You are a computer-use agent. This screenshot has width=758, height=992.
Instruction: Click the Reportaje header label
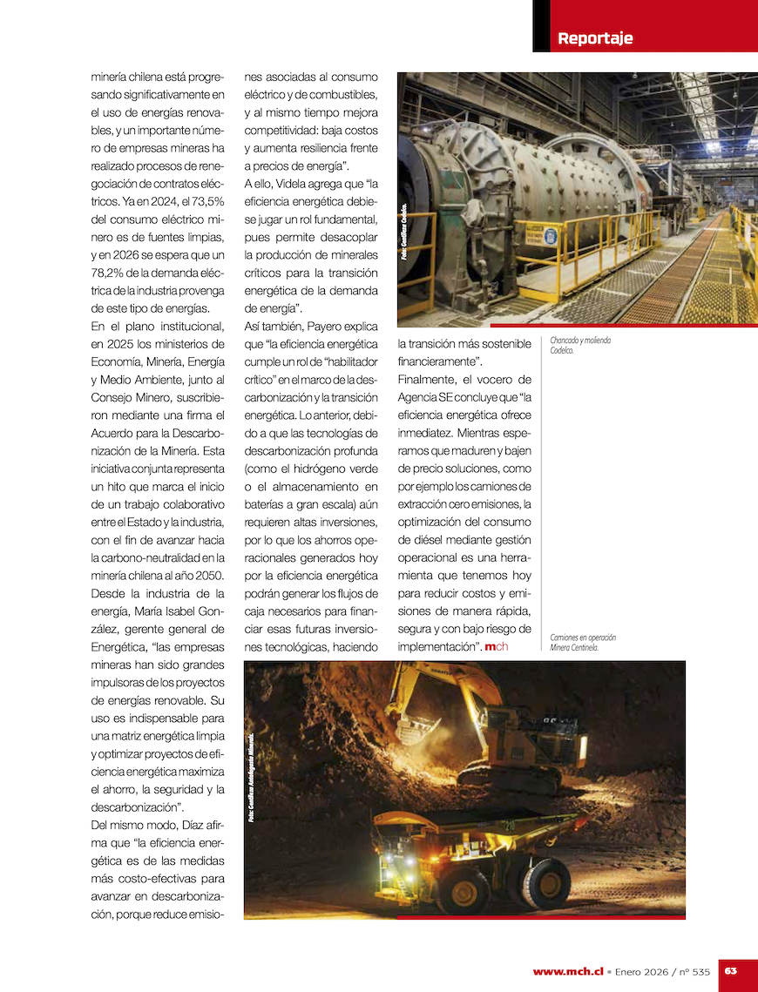[595, 38]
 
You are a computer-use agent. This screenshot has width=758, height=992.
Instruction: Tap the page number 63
[731, 971]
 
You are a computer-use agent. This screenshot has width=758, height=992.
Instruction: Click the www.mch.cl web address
[568, 972]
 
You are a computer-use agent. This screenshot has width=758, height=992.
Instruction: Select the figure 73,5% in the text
[207, 201]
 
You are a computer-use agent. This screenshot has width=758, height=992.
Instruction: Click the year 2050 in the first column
[208, 576]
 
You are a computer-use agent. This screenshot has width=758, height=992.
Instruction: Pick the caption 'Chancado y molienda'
[580, 341]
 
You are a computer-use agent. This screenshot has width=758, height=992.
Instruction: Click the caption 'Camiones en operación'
[583, 638]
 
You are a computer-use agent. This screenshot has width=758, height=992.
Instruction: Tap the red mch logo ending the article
[497, 646]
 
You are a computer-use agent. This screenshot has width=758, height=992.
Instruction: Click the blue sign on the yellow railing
[551, 235]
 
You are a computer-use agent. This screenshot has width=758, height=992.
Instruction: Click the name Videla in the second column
[293, 183]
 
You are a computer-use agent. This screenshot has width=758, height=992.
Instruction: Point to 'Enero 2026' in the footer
[646, 972]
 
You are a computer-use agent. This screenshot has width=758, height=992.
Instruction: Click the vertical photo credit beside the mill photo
[404, 232]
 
